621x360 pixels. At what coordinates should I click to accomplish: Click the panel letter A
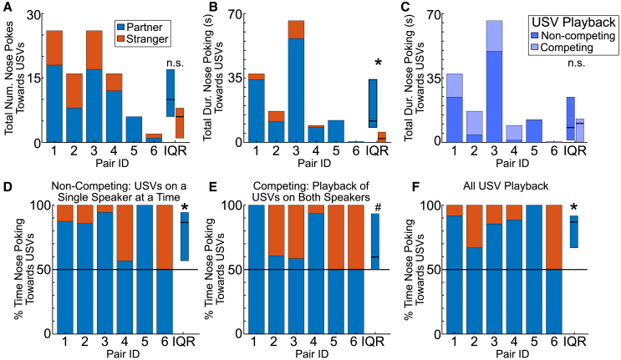pos(8,8)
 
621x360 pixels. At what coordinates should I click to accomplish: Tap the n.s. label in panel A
pos(174,60)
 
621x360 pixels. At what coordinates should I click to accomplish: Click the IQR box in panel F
pos(573,231)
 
